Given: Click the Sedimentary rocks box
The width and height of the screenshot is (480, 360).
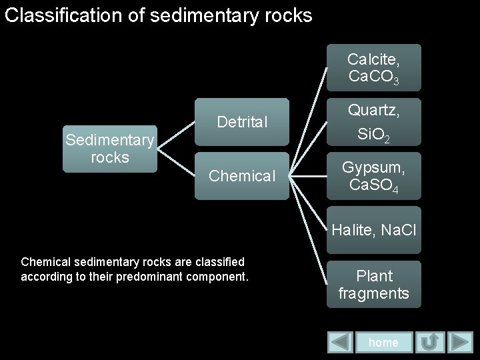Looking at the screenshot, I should click(109, 149).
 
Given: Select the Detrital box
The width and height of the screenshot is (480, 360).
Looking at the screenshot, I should click(241, 121).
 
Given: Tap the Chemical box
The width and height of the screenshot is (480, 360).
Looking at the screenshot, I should click(241, 176).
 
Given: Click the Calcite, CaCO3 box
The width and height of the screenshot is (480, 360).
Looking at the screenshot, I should click(373, 67).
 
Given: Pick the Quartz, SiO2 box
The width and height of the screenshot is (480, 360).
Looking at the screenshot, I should click(373, 121).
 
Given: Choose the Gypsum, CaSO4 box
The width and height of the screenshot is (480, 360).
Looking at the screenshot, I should click(373, 176).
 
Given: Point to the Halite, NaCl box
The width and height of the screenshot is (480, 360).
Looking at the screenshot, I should click(373, 231).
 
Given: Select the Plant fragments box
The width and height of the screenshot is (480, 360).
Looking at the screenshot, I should click(373, 284).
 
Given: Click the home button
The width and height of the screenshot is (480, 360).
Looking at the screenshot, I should click(383, 342).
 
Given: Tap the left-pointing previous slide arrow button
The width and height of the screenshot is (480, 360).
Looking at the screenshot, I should click(341, 343).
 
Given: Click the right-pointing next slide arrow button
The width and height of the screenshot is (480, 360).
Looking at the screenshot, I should click(460, 343).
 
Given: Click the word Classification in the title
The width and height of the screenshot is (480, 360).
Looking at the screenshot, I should click(65, 15).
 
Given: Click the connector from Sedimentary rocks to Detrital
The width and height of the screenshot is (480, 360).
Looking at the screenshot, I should click(175, 135).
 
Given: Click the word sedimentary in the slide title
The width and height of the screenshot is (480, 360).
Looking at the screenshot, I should click(203, 15).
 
